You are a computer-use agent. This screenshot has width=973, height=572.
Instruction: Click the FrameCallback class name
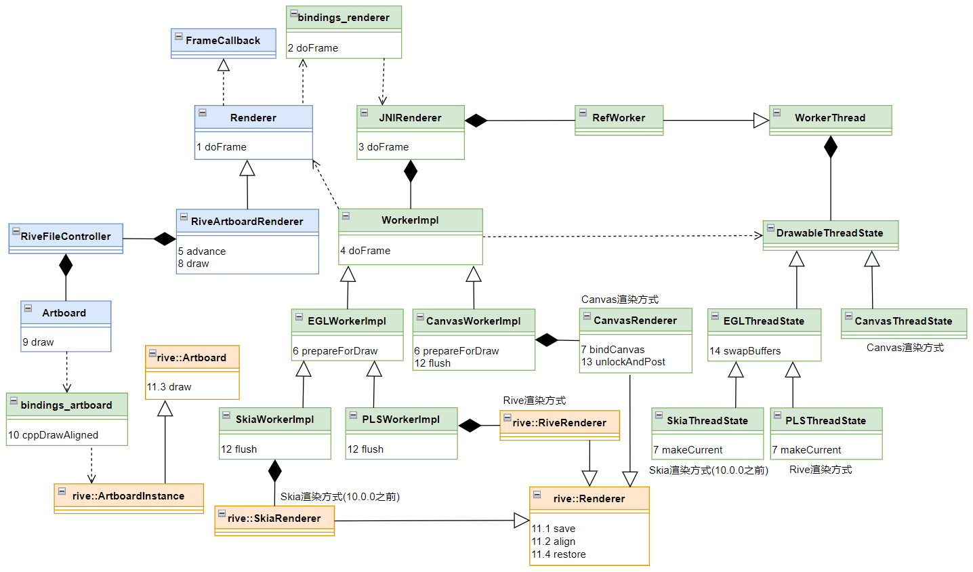223,41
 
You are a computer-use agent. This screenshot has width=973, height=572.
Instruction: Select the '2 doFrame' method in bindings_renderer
313,48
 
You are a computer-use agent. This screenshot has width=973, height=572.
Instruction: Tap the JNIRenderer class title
410,118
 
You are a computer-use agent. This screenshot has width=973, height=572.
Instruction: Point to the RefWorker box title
619,118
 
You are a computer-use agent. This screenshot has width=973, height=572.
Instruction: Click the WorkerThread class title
830,118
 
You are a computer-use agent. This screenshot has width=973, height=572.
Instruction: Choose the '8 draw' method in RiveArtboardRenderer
194,264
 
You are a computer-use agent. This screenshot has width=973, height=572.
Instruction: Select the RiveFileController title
66,237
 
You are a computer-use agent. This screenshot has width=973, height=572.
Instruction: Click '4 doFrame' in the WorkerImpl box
365,251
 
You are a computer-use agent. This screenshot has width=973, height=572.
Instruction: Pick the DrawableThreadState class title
830,233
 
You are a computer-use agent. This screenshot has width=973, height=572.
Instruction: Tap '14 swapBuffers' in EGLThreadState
745,351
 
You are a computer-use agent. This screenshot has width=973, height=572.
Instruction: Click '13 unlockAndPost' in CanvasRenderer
623,362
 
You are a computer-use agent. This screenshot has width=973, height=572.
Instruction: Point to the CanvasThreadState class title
903,321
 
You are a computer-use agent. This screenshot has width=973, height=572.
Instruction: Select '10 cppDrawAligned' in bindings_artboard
54,435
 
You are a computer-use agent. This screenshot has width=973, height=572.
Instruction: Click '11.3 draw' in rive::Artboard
169,387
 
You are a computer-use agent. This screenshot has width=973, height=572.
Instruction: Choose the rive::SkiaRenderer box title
274,518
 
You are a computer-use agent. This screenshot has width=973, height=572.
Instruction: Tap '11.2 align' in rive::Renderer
554,542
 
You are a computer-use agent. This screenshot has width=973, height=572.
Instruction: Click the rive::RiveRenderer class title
560,423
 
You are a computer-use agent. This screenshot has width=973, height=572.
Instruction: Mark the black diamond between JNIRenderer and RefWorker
476,121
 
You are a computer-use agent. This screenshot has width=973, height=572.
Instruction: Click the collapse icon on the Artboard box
28,308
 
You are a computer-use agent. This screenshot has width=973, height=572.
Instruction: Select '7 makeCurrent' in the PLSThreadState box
806,450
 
